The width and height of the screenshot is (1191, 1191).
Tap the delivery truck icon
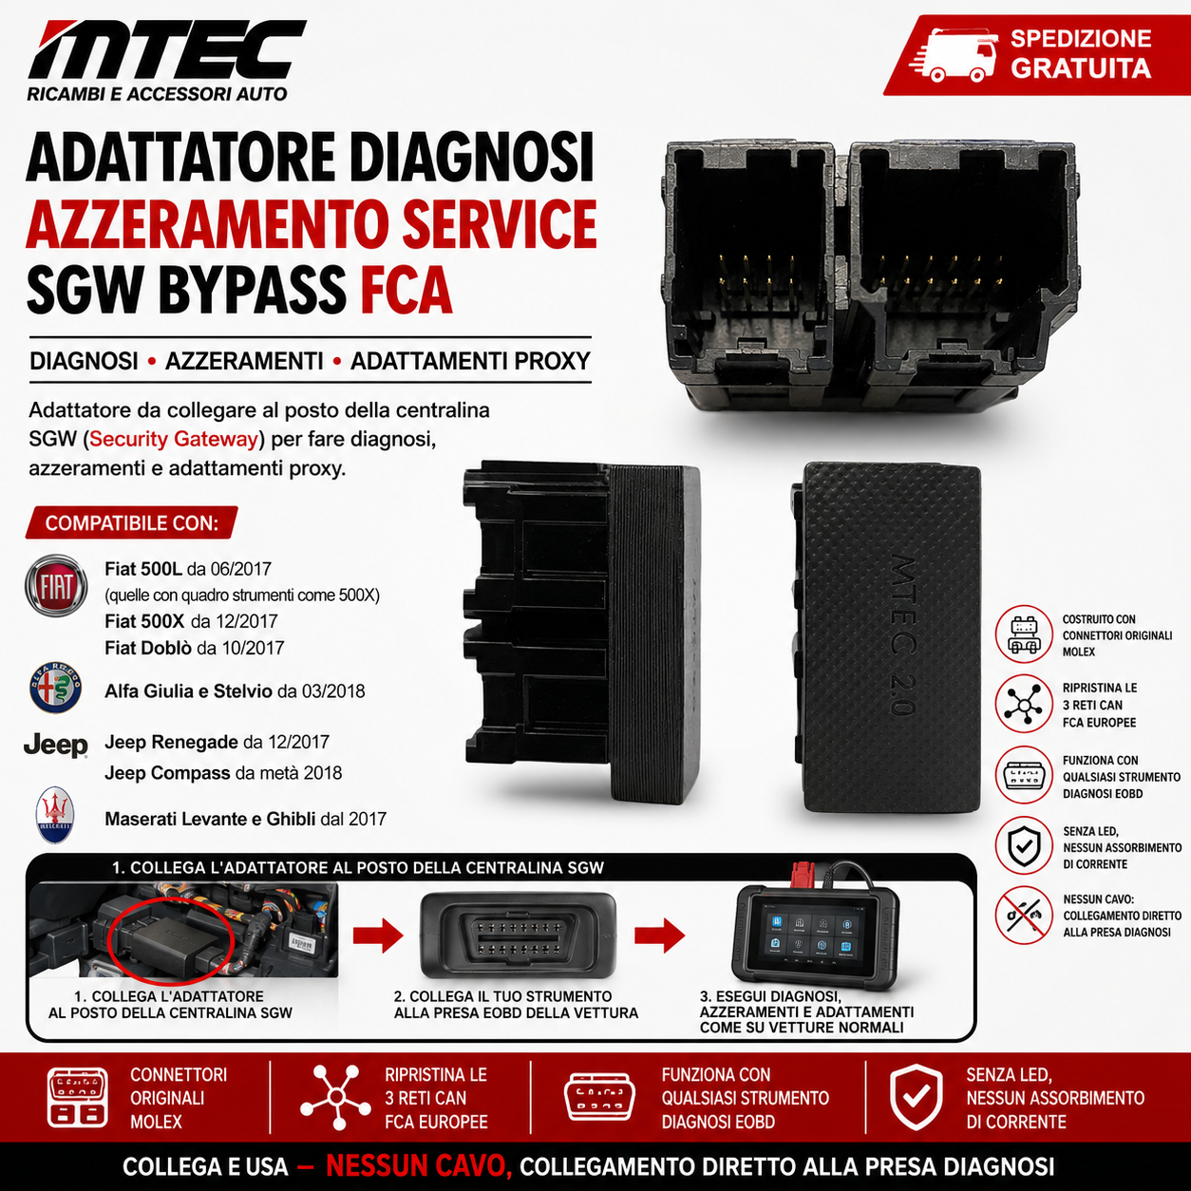pyautogui.click(x=953, y=54)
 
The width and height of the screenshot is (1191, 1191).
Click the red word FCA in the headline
pyautogui.click(x=406, y=290)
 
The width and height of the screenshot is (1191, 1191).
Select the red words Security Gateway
pyautogui.click(x=174, y=439)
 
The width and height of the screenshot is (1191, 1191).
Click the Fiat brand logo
pyautogui.click(x=56, y=585)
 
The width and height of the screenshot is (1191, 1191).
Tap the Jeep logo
pyautogui.click(x=56, y=746)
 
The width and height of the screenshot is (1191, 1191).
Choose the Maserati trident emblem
pyautogui.click(x=55, y=815)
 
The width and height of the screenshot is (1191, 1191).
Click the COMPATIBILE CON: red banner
pyautogui.click(x=132, y=523)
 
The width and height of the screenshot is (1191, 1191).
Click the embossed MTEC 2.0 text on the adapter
pyautogui.click(x=903, y=635)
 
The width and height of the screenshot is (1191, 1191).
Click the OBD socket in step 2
pyautogui.click(x=518, y=936)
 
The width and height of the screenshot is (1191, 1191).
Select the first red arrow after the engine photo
pyautogui.click(x=378, y=936)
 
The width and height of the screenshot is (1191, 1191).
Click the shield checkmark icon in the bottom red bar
pyautogui.click(x=916, y=1098)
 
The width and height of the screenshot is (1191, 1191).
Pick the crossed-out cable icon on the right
pyautogui.click(x=1024, y=916)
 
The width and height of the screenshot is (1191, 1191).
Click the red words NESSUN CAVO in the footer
pyautogui.click(x=419, y=1166)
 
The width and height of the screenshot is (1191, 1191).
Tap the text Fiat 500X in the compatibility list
pyautogui.click(x=144, y=621)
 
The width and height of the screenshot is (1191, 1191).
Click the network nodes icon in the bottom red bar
pyautogui.click(x=335, y=1098)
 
